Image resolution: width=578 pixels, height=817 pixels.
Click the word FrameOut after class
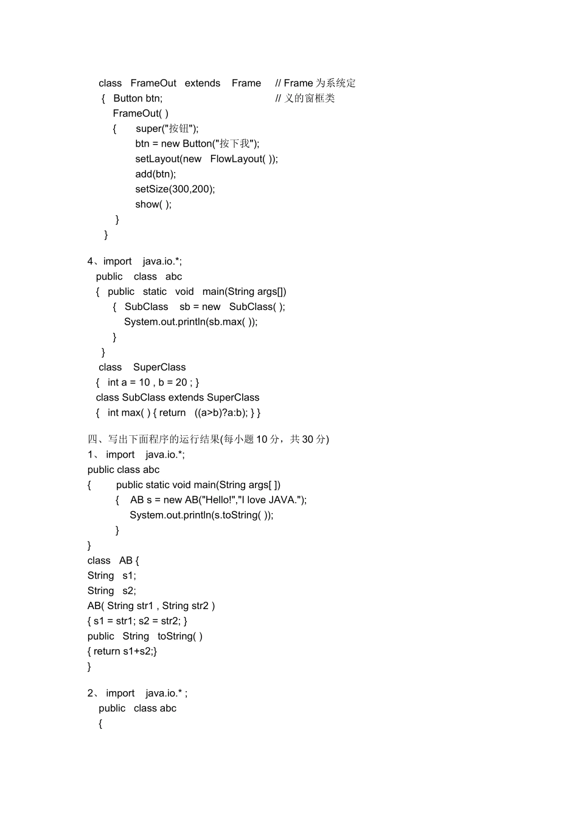point(153,83)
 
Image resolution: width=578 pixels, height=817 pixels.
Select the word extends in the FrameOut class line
point(202,83)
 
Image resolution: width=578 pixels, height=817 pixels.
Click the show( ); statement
point(153,204)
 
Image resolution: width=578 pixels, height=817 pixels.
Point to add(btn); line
point(156,174)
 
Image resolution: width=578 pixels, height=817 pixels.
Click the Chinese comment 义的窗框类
point(310,98)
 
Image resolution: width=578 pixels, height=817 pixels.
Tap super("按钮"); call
point(167,128)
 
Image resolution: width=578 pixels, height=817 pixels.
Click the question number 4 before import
point(90,261)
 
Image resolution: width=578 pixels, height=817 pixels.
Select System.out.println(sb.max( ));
point(191,322)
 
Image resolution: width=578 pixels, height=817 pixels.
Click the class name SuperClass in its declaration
point(159,367)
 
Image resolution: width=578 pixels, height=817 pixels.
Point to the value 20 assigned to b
point(181,382)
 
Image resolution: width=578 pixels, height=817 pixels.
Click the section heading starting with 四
point(208,439)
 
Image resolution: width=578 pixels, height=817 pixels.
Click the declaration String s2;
point(112,590)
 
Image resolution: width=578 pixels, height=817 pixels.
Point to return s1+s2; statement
point(124,651)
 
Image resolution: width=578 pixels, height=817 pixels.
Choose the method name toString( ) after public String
point(180,636)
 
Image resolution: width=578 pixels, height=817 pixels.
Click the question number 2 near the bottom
point(90,693)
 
